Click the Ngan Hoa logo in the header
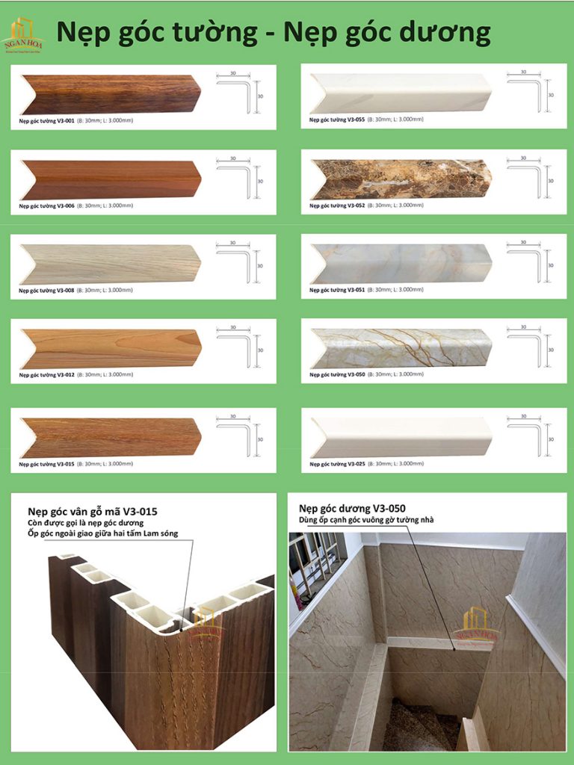22,36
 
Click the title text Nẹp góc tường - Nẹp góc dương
274,34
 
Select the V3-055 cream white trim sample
401,93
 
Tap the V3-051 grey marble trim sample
401,264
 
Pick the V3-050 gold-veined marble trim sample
401,348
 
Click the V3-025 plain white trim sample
401,437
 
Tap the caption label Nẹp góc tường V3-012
46,374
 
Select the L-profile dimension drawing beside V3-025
529,433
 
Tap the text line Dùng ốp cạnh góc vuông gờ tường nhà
365,520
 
